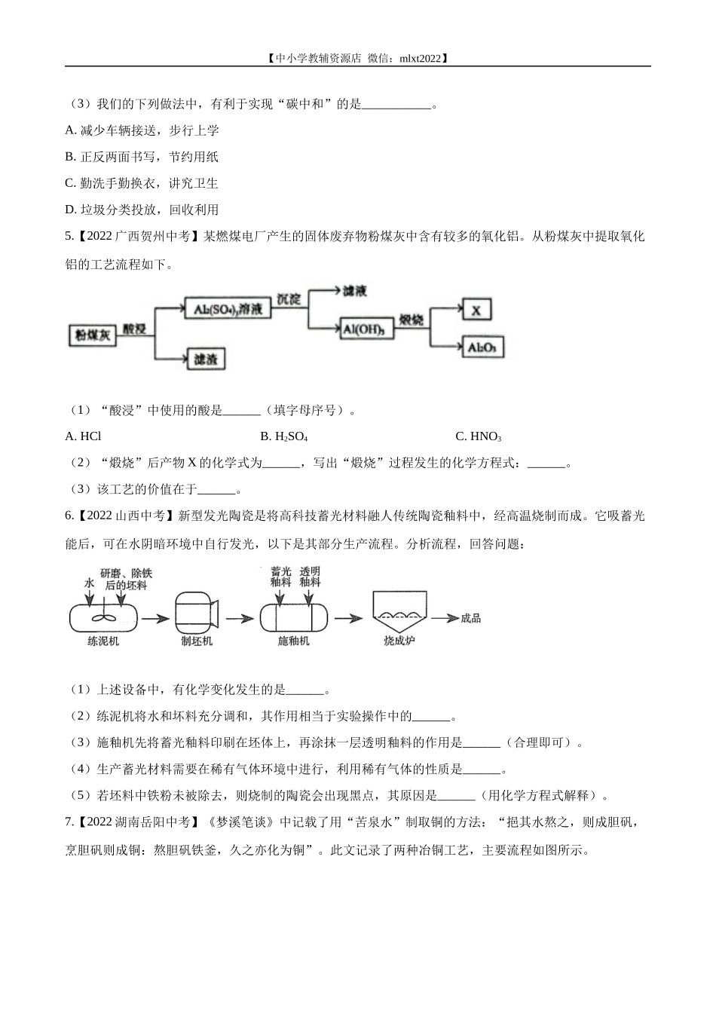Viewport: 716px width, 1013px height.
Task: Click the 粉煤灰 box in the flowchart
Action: [x=92, y=335]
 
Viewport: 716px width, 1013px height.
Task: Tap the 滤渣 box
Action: [x=205, y=359]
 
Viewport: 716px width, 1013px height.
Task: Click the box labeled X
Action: [x=476, y=310]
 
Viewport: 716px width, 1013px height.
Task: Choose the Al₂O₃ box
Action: [x=482, y=347]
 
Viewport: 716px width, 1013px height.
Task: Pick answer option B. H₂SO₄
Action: [x=284, y=436]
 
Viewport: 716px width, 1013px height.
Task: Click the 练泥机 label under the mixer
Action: [x=103, y=641]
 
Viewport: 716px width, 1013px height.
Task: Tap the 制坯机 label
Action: [x=197, y=641]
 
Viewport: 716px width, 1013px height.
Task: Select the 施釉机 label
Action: [x=293, y=641]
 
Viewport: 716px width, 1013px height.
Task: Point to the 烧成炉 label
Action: [x=399, y=641]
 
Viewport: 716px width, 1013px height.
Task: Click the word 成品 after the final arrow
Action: [x=470, y=618]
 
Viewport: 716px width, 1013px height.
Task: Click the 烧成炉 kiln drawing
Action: [x=399, y=609]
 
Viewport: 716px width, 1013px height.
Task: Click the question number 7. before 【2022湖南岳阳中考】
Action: [x=69, y=822]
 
